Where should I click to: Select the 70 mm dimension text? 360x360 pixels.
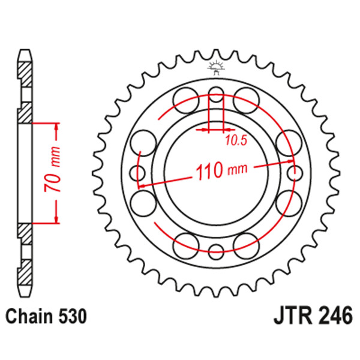[53, 173]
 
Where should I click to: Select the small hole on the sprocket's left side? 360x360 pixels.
[137, 174]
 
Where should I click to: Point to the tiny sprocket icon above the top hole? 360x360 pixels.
[215, 68]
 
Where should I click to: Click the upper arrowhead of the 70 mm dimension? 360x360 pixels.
[57, 127]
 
